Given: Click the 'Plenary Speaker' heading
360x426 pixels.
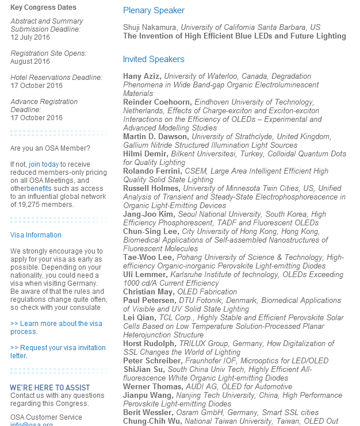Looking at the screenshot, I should coord(154,10).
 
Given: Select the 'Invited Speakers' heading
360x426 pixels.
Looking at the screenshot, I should coord(154,59).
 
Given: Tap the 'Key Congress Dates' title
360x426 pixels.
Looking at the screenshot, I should coord(43,7).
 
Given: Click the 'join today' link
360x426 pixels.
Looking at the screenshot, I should coord(44,164).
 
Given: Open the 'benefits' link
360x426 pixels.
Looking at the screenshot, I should coord(39,188).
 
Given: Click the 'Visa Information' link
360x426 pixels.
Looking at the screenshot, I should coord(36,235).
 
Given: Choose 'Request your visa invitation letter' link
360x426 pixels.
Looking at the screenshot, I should coord(58,351).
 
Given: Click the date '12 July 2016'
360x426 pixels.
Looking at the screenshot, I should coord(30,37).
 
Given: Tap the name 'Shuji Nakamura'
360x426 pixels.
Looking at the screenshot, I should coord(149,27).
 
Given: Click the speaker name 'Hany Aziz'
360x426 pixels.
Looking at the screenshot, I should coord(141,76).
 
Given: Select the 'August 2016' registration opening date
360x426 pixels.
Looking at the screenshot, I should coord(30,62).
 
